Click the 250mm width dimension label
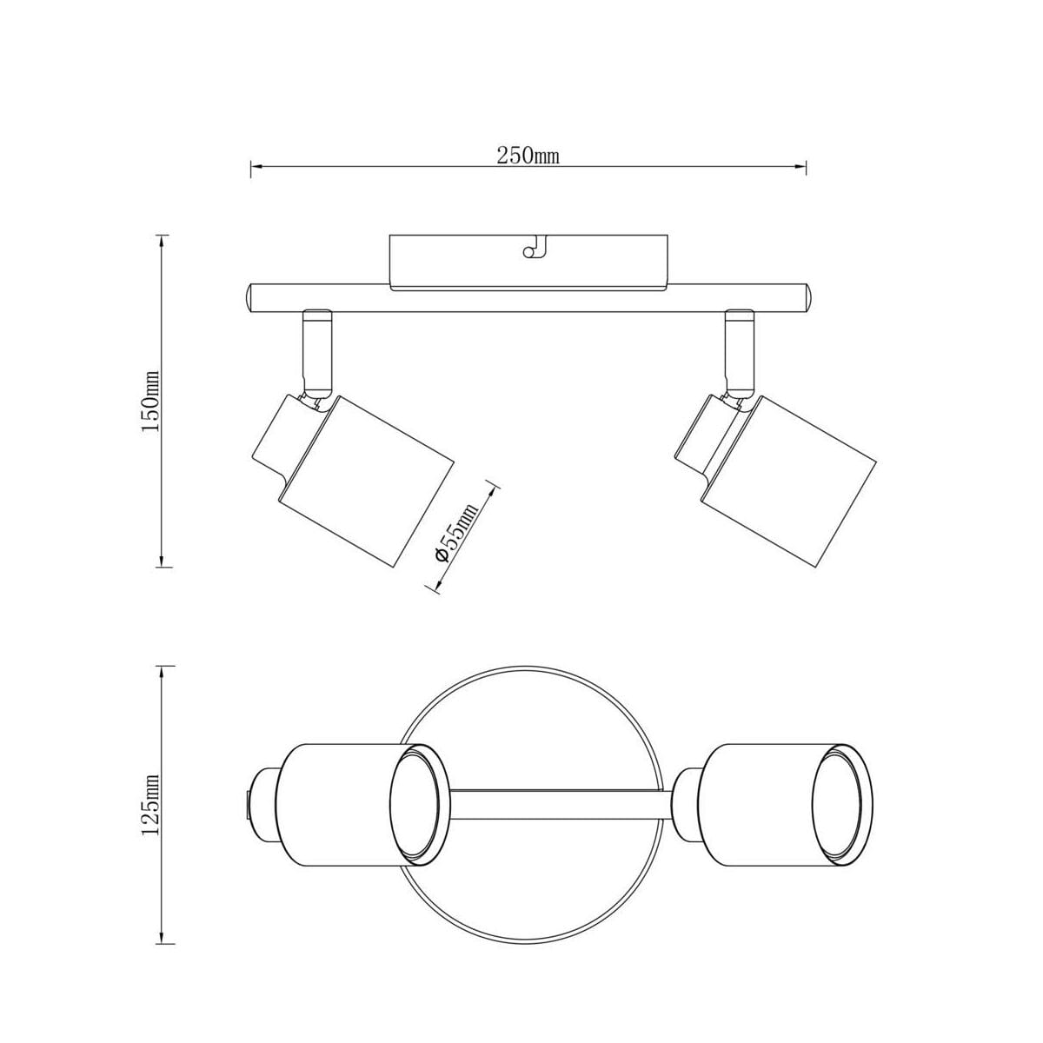coord(528,156)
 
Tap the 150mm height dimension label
coord(151,401)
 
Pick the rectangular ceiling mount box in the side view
coord(528,262)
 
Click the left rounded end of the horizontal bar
coord(250,298)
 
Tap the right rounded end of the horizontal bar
coord(807,298)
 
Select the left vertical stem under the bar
coord(317,355)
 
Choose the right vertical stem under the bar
coord(740,355)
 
